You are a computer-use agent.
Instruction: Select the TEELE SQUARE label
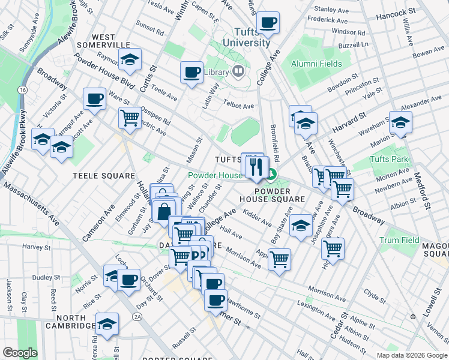tap(103, 176)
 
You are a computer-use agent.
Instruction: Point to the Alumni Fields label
tap(316, 64)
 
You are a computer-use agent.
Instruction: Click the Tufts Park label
tap(389, 160)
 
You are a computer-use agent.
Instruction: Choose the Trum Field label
tap(399, 240)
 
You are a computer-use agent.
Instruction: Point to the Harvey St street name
tap(38, 246)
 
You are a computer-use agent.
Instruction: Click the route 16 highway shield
tap(22, 89)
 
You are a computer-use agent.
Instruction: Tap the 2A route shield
tap(137, 316)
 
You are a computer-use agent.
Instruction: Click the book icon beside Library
tap(238, 72)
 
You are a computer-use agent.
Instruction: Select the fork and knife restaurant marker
tap(256, 167)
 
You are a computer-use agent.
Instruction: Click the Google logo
tap(20, 353)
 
